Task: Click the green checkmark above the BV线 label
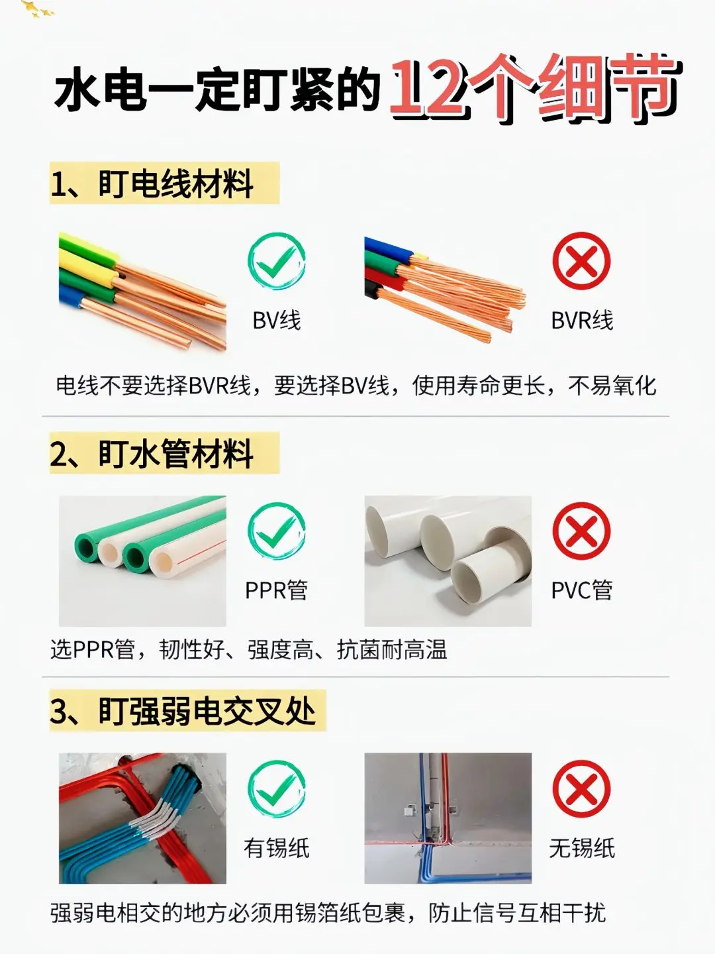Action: tap(277, 261)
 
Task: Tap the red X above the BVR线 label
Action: tap(581, 261)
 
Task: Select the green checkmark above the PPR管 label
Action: tap(277, 531)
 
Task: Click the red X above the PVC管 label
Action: tap(581, 531)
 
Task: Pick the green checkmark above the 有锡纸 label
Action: tap(277, 789)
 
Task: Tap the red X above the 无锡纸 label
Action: tap(581, 789)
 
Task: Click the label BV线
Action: tap(277, 321)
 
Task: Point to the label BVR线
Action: tap(582, 321)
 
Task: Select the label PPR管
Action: tap(277, 590)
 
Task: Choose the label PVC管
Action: tap(582, 590)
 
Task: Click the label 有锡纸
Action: tap(277, 848)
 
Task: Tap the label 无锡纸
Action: tap(582, 848)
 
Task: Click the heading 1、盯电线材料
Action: tap(152, 184)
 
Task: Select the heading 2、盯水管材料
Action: tap(152, 454)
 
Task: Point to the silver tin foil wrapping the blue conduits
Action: tap(158, 818)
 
